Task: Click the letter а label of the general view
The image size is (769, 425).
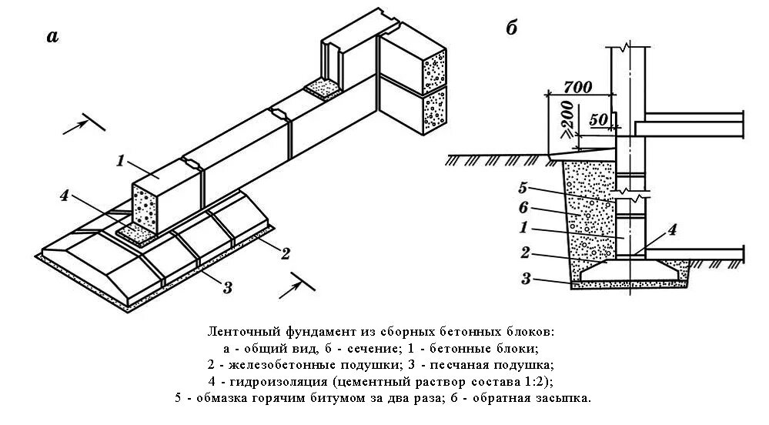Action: (x=52, y=35)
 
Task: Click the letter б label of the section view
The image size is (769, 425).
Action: (x=511, y=28)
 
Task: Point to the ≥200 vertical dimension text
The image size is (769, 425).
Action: (x=567, y=117)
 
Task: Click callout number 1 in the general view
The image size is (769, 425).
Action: (x=120, y=161)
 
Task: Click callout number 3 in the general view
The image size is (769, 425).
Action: (x=227, y=288)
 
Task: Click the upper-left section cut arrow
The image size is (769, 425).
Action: (x=77, y=125)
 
